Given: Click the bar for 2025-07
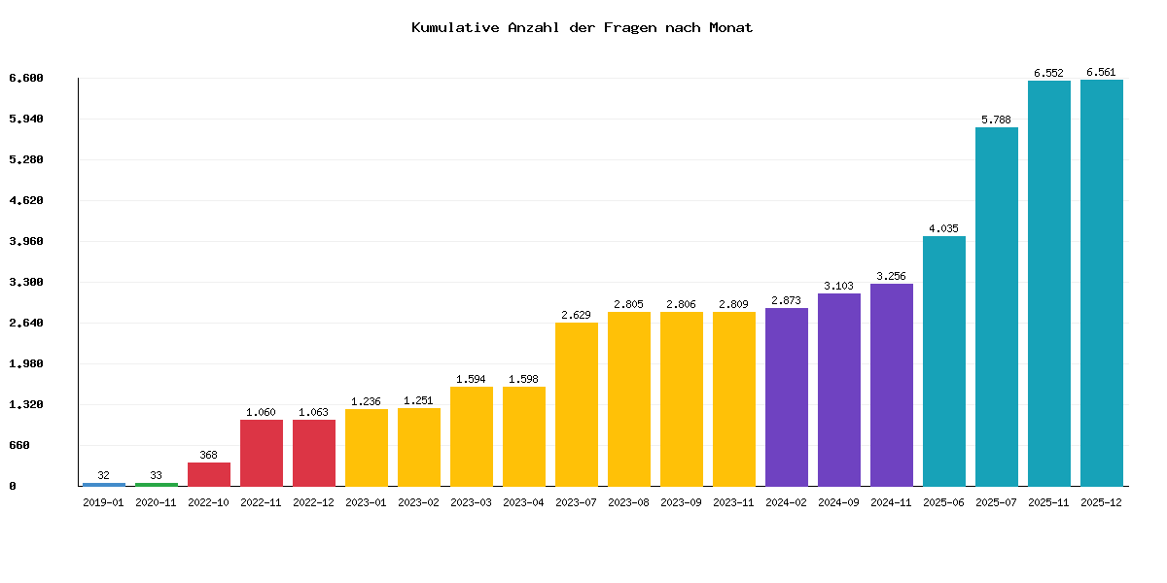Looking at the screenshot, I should pos(997,306).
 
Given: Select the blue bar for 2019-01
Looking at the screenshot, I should pos(104,484).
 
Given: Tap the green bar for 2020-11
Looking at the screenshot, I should pos(157,484).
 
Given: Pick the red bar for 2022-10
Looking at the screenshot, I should pos(209,474).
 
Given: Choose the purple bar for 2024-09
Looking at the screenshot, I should pos(839,389).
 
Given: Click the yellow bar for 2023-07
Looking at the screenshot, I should pos(577,403).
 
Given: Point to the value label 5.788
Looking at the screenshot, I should pos(997,120).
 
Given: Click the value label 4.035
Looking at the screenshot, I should pos(944,228).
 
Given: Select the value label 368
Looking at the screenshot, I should pos(209,455).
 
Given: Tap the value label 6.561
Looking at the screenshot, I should pos(1102,72).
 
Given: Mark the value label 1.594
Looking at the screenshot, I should pos(472,379).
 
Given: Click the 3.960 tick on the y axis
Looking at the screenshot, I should pos(26,241).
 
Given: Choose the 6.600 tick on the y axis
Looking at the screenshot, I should pos(26,78).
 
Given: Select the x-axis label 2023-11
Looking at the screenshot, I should pos(734,502).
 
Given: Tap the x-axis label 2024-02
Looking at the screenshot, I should pos(787,502).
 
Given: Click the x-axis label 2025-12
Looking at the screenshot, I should pos(1102,502).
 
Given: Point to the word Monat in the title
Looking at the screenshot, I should pos(731,27).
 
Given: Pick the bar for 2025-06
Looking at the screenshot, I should pos(944,360).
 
